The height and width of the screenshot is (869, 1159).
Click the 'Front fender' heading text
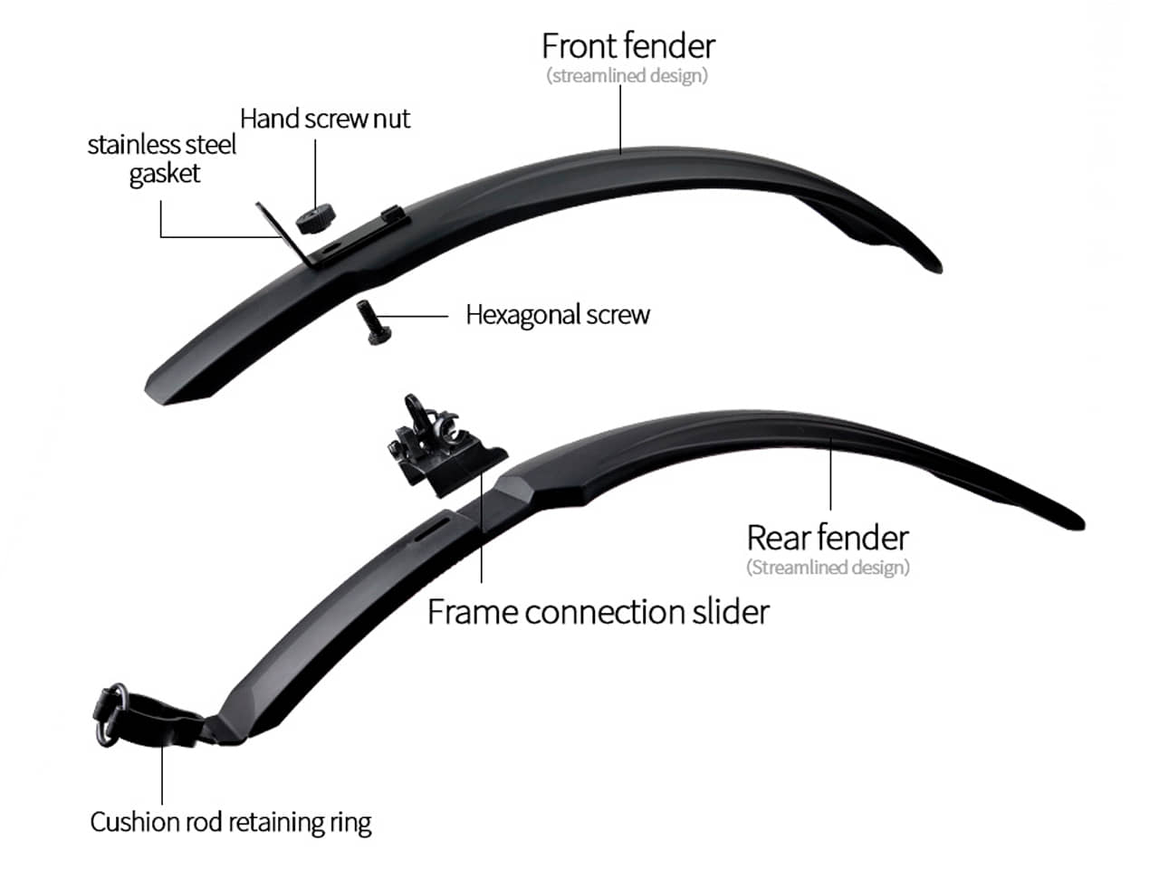click(628, 46)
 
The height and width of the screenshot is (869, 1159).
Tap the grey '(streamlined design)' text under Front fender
click(627, 75)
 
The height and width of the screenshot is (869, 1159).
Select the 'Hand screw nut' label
click(325, 119)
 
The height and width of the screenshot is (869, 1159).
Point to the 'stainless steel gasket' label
click(162, 159)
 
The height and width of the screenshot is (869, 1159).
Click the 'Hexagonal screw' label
click(558, 315)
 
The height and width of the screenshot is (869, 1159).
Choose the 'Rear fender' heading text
click(828, 538)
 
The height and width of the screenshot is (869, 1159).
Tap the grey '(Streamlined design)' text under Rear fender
click(828, 568)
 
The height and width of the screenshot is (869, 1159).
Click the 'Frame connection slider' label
click(599, 612)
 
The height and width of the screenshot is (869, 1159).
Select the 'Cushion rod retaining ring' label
click(231, 823)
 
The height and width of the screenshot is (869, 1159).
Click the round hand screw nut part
click(316, 218)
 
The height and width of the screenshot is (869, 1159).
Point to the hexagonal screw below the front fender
click(373, 322)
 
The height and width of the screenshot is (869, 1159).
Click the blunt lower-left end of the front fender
click(158, 393)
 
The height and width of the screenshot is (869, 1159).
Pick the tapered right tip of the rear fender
click(1081, 525)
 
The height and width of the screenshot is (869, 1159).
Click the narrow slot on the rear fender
click(431, 528)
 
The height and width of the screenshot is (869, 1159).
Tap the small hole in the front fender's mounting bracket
click(332, 246)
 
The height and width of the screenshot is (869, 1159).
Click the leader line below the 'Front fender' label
click(620, 119)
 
